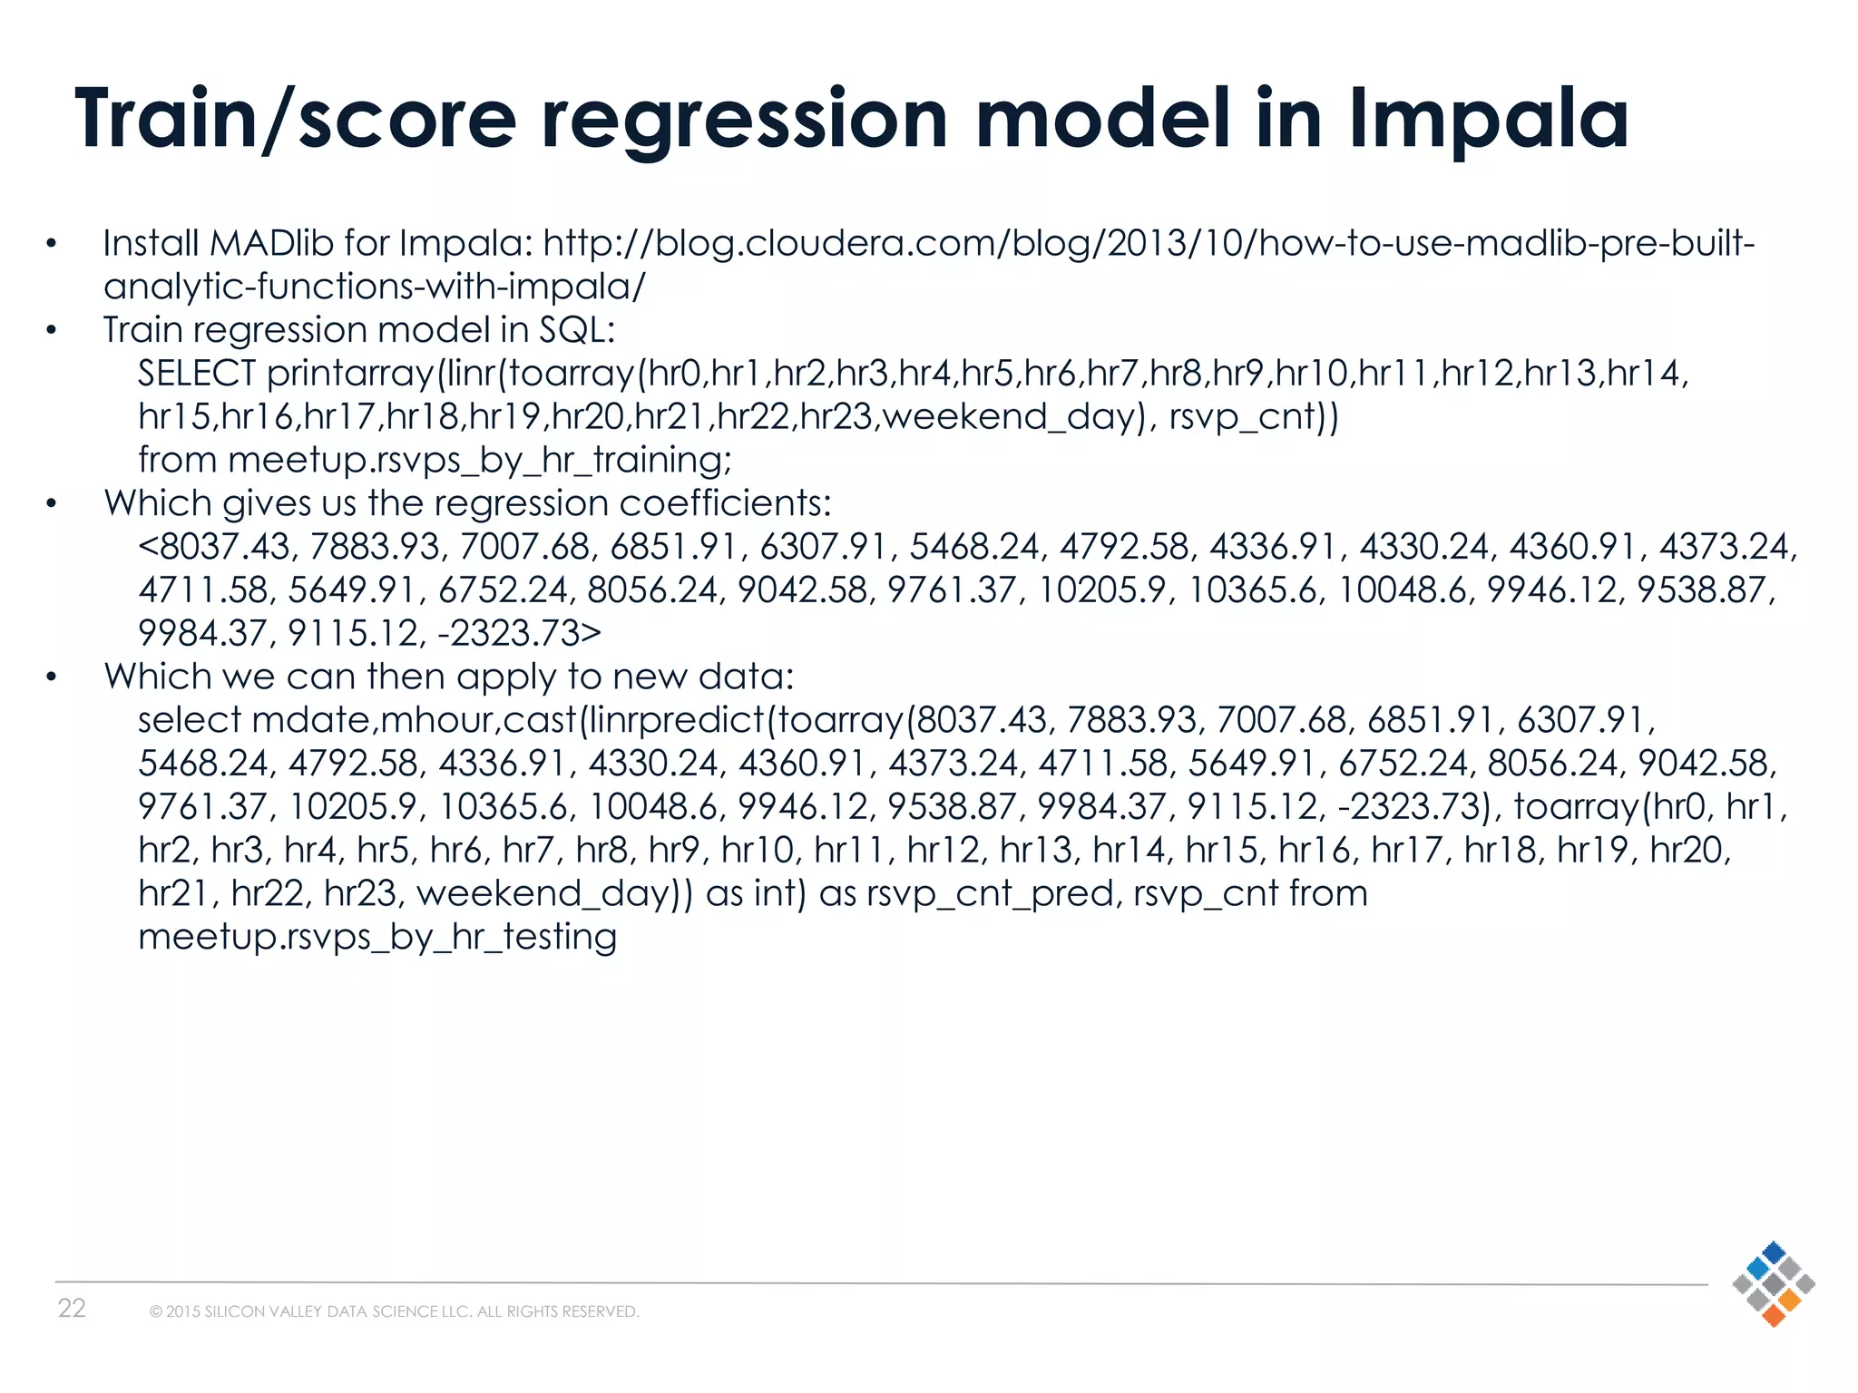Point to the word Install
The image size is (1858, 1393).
click(151, 243)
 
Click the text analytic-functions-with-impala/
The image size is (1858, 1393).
click(375, 287)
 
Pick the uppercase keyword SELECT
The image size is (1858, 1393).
click(197, 373)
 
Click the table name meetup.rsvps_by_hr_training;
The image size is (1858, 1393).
click(480, 460)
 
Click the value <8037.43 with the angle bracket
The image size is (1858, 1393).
click(214, 547)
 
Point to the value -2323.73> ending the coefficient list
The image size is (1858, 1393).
click(519, 633)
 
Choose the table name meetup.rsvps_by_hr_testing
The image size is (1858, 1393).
click(377, 937)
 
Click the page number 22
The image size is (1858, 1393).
click(72, 1308)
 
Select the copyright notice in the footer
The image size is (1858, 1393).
click(395, 1311)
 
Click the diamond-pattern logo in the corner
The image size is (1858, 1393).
click(1773, 1283)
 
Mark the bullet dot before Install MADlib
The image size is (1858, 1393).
click(53, 244)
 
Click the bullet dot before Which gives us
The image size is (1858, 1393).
click(53, 504)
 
